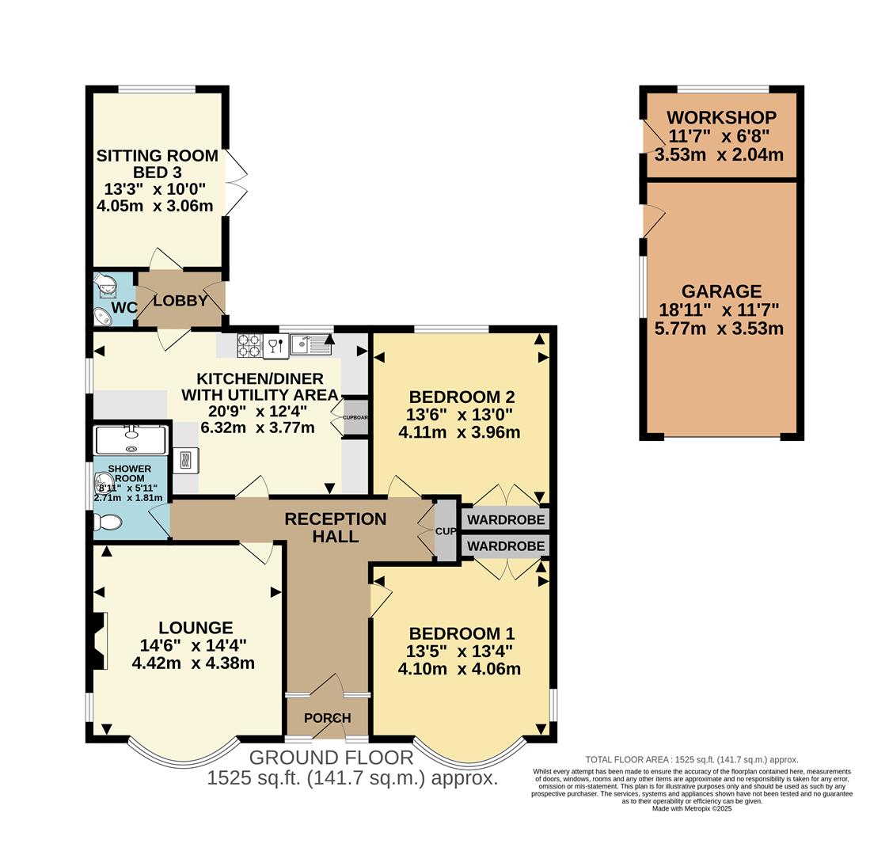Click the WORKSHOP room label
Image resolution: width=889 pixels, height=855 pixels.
click(720, 118)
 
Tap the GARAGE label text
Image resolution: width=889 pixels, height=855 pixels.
click(720, 291)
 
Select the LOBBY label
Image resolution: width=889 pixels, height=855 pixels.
click(180, 302)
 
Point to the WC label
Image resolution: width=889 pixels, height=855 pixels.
click(124, 307)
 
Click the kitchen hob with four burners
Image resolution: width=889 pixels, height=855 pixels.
click(249, 344)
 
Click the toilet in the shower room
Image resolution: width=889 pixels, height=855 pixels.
click(107, 522)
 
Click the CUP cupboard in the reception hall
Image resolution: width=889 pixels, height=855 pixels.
click(446, 531)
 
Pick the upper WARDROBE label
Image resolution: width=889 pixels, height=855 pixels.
click(505, 520)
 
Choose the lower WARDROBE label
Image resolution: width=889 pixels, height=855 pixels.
click(505, 546)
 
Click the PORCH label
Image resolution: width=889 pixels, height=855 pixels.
click(328, 718)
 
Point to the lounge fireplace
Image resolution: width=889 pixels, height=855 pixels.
click(98, 640)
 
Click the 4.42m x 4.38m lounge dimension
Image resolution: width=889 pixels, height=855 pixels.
click(193, 663)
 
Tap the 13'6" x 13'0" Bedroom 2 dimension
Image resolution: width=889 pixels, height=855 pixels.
click(461, 415)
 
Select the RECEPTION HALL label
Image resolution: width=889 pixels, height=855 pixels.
click(335, 528)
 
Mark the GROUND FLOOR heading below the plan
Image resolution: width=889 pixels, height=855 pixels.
click(331, 758)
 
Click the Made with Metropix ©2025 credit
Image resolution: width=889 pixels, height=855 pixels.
click(692, 808)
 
